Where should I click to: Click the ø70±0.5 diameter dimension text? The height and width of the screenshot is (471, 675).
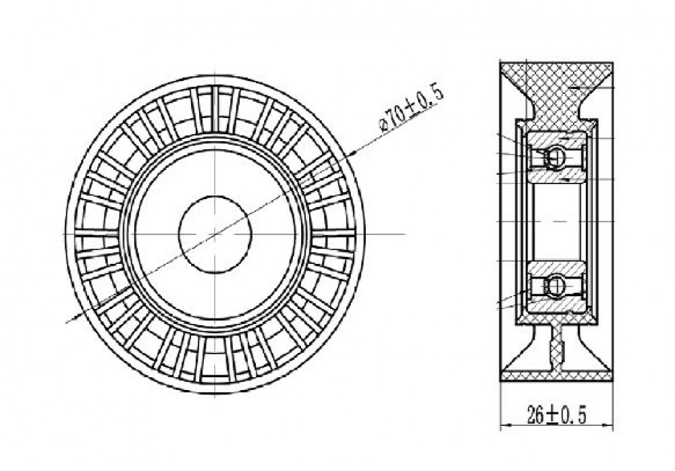tap(410, 109)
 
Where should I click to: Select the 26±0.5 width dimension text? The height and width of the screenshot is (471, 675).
tap(557, 414)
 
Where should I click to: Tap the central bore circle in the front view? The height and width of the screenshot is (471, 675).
tap(215, 234)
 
